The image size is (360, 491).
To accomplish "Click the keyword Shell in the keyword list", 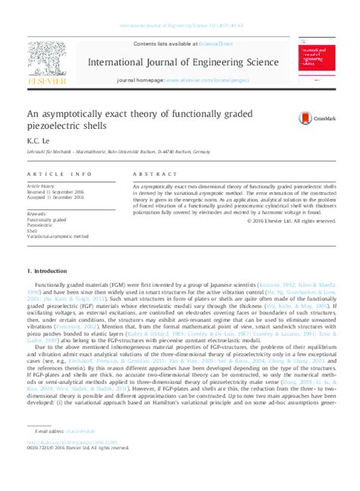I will click(31, 231).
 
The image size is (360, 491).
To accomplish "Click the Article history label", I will click(42, 185).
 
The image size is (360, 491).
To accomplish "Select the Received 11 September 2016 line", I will click(58, 191).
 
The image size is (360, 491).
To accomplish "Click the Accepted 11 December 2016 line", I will click(57, 197).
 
